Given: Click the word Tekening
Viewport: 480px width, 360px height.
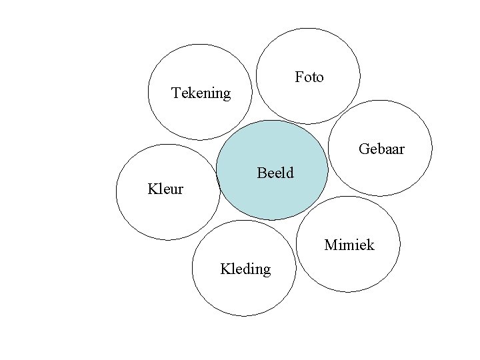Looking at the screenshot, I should click(x=201, y=93).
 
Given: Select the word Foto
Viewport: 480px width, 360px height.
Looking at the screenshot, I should click(x=309, y=77).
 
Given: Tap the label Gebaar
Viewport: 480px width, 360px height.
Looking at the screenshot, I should click(x=381, y=149).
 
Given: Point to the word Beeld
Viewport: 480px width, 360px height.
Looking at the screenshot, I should click(x=275, y=173).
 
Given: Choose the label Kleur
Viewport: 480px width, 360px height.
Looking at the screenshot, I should click(x=165, y=189).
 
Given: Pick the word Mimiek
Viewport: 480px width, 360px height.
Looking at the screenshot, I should click(x=349, y=245).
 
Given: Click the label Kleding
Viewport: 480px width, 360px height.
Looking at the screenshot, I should click(x=245, y=269).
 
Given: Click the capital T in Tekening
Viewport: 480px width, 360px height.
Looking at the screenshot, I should click(x=176, y=93).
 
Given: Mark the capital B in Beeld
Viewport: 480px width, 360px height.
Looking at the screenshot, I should click(x=261, y=173).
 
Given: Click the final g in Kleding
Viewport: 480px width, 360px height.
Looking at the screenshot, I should click(x=267, y=271).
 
